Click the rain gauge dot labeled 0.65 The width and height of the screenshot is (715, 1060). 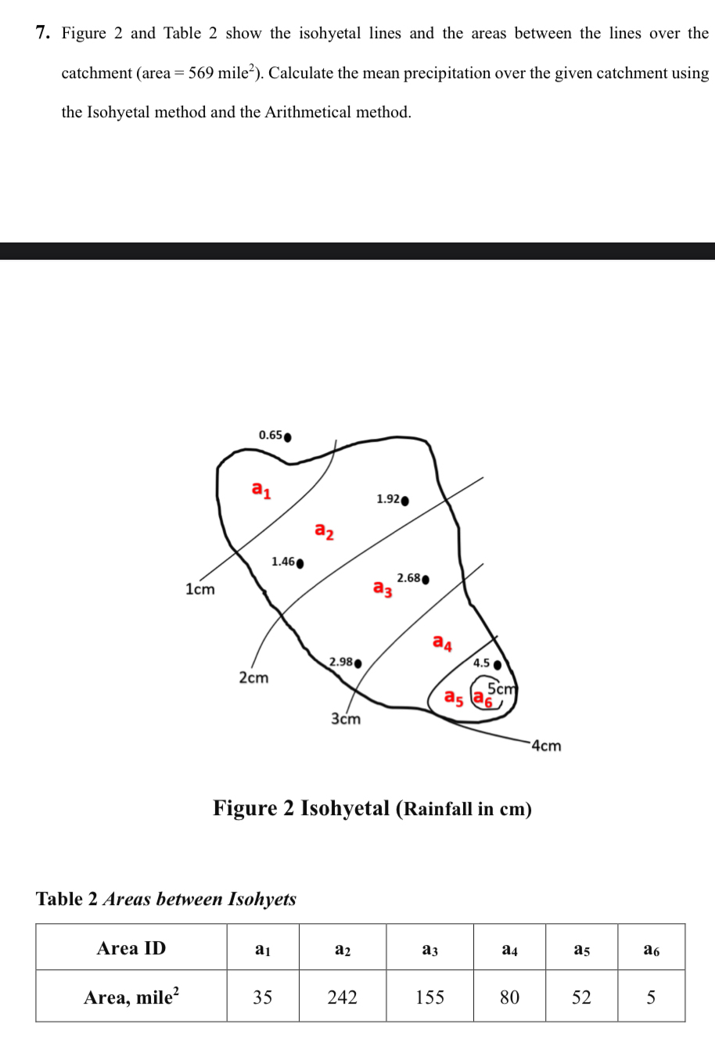tap(288, 437)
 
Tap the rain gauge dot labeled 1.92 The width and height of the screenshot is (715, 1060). tap(404, 501)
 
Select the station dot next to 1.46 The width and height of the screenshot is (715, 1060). tap(300, 562)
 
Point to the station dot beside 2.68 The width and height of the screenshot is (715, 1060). tap(426, 580)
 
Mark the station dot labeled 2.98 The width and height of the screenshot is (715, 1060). tap(358, 663)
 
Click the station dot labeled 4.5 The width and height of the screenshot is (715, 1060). tap(497, 665)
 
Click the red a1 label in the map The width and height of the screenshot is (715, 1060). tap(261, 490)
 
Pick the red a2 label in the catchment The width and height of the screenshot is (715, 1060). tap(324, 531)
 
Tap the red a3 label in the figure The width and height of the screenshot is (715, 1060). tap(383, 587)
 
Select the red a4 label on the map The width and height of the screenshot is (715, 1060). tap(442, 643)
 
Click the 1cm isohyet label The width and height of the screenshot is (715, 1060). tap(199, 589)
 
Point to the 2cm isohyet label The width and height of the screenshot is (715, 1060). tap(253, 677)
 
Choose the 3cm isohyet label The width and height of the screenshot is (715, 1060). tap(346, 718)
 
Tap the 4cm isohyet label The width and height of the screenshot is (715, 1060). tap(546, 746)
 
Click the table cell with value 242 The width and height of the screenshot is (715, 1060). tap(342, 997)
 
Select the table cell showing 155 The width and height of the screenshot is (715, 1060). tap(429, 997)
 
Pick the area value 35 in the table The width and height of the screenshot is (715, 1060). tap(263, 997)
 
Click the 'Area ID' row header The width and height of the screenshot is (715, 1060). tap(131, 948)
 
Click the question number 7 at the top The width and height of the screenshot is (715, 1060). tap(43, 33)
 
